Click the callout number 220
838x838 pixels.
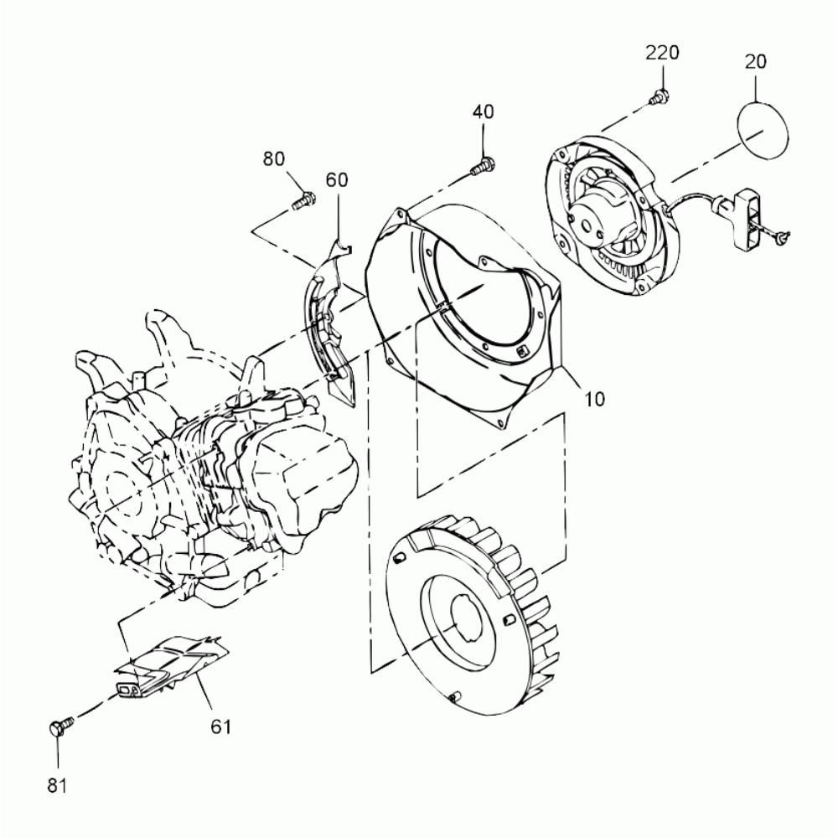click(662, 53)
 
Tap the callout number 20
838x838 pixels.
click(755, 61)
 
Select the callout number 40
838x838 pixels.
click(484, 111)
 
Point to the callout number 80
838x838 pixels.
click(274, 158)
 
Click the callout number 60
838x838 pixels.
click(337, 179)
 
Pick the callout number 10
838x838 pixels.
click(594, 399)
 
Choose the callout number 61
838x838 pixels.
click(220, 727)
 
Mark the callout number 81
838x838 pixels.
click(57, 786)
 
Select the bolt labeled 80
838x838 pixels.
click(303, 200)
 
